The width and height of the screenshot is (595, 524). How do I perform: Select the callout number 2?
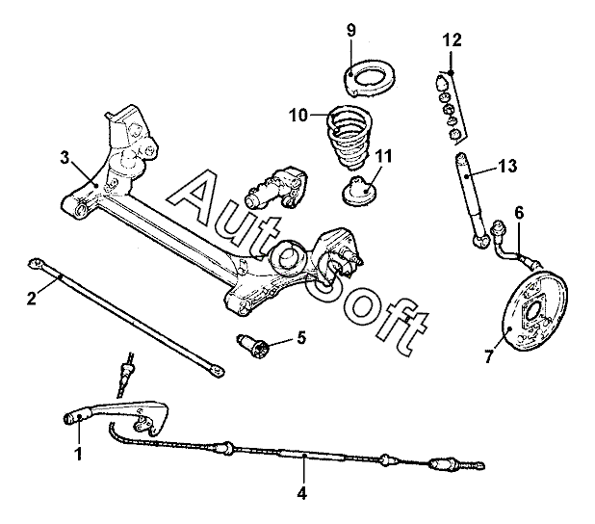(31, 298)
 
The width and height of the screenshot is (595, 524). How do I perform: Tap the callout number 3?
(65, 156)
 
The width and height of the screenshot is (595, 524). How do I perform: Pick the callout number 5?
(300, 337)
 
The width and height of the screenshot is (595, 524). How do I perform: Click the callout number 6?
(519, 212)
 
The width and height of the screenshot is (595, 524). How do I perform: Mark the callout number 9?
(350, 29)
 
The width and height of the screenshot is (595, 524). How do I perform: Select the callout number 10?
(297, 116)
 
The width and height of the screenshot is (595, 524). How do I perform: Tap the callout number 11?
(384, 155)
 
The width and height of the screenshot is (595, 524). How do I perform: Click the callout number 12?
(453, 39)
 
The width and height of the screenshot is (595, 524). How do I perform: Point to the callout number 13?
(507, 167)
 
